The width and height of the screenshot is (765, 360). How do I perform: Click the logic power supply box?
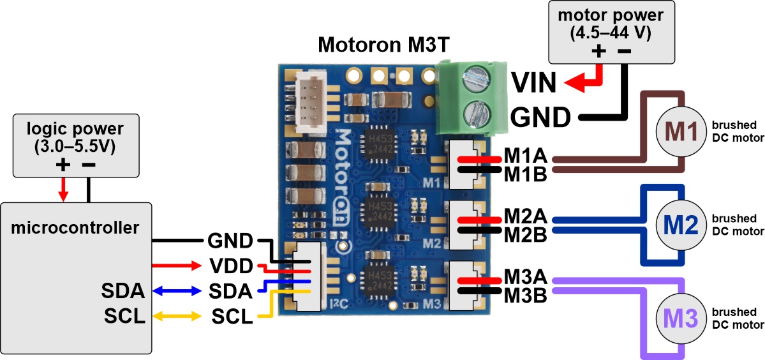coord(76,146)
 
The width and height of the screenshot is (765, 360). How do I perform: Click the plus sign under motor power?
coord(598,52)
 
